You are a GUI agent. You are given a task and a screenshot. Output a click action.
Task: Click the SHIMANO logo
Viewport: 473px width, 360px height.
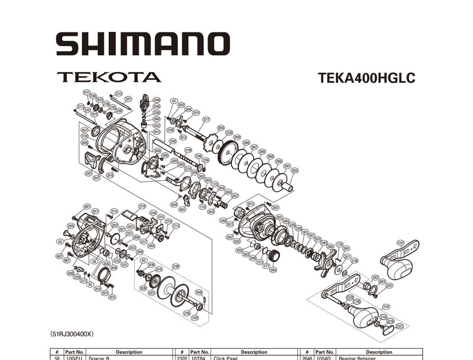click(x=142, y=44)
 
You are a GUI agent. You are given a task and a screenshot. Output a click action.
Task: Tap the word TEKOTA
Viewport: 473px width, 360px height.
click(x=109, y=77)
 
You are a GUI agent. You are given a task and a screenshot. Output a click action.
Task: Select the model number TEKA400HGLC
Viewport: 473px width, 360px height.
click(x=366, y=77)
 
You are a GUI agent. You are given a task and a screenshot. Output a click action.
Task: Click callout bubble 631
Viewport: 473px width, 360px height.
click(x=87, y=93)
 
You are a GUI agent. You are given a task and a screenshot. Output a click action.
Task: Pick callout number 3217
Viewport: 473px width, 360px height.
click(x=206, y=119)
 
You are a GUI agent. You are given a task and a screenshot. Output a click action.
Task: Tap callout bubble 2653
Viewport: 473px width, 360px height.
click(x=294, y=170)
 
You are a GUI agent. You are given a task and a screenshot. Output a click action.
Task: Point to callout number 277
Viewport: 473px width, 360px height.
click(x=265, y=267)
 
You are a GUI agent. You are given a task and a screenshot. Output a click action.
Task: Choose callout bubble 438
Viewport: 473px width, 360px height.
click(x=239, y=250)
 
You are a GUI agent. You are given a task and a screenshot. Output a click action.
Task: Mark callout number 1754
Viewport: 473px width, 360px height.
click(x=339, y=244)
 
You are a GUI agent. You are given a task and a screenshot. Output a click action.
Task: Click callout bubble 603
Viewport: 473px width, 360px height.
click(x=382, y=281)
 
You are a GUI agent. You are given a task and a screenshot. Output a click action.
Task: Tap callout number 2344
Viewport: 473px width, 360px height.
click(x=153, y=213)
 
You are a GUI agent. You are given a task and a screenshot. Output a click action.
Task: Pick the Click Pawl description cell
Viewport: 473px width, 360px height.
click(x=254, y=358)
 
